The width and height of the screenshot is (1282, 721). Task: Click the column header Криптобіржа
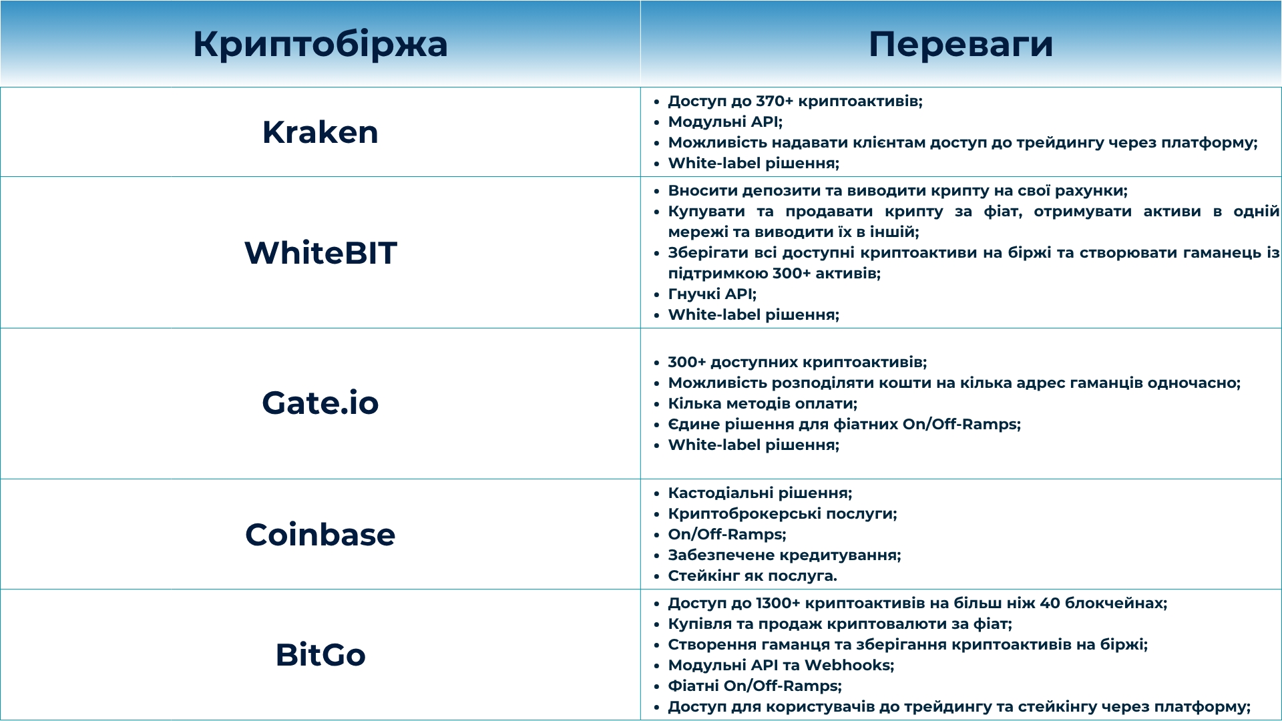pos(320,45)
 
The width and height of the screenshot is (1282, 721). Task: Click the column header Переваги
pos(961,45)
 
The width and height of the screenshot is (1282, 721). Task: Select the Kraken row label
pos(320,132)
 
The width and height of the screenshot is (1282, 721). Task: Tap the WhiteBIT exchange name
pos(320,253)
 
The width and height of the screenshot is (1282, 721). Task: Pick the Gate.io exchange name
pos(320,403)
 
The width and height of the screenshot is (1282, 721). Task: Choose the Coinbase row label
pos(320,535)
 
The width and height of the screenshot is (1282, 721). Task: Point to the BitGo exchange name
pos(320,655)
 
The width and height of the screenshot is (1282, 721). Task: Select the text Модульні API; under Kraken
pos(725,122)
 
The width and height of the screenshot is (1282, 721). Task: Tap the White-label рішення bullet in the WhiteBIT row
pos(754,314)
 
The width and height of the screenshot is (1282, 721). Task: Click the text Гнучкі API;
pos(712,294)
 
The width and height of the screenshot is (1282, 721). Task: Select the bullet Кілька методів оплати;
pos(763,404)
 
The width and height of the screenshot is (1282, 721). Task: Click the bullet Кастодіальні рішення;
pos(760,493)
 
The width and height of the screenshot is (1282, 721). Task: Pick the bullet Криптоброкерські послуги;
pos(783,514)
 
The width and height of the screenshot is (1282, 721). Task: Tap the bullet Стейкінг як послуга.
pos(753,575)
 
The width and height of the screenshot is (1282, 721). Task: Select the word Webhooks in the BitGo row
pos(847,666)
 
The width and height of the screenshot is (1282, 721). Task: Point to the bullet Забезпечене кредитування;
pos(785,555)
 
